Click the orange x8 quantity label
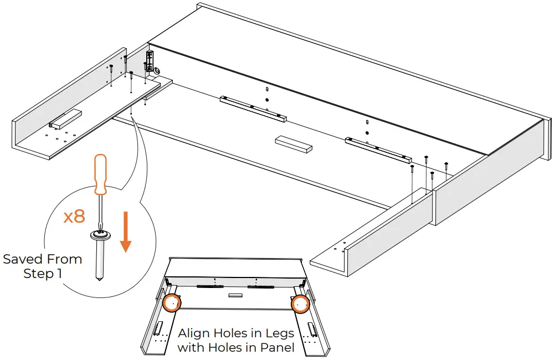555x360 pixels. point(74,216)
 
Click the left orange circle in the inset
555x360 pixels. point(172,303)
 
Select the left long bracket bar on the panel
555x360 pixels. point(253,109)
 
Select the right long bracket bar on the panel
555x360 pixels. point(378,151)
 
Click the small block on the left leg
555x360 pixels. point(66,117)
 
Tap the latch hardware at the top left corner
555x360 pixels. point(149,60)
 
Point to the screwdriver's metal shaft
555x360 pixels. point(100,210)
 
